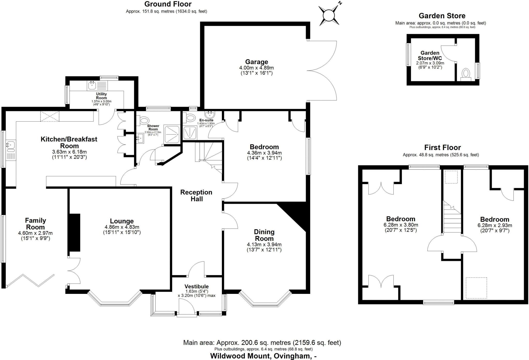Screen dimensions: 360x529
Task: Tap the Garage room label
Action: pyautogui.click(x=256, y=62)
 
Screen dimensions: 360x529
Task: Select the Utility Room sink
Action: pyautogui.click(x=92, y=85)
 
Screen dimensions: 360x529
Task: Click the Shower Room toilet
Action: pyautogui.click(x=144, y=120)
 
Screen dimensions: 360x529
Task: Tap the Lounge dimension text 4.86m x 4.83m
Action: pyautogui.click(x=122, y=227)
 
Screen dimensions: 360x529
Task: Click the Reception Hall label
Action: pyautogui.click(x=196, y=195)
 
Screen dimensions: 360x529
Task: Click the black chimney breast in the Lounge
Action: pyautogui.click(x=75, y=232)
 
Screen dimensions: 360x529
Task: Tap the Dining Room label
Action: pyautogui.click(x=264, y=235)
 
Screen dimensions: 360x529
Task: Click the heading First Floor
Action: pyautogui.click(x=442, y=147)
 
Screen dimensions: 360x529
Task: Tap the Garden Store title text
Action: pyautogui.click(x=442, y=16)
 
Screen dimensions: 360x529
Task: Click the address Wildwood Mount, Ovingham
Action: pyautogui.click(x=263, y=356)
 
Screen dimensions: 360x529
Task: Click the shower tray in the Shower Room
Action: pyautogui.click(x=172, y=134)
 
